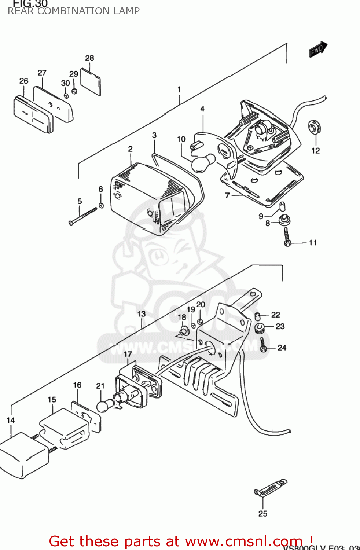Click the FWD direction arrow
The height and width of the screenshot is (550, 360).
tap(317, 49)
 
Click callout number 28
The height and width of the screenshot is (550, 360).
tap(89, 58)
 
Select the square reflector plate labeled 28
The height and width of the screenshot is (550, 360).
tap(91, 82)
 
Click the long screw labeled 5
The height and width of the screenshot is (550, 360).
tap(83, 216)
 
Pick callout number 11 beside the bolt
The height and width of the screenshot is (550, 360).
tap(313, 242)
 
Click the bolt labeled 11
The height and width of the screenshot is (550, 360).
tap(287, 236)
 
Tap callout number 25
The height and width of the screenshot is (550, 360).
tap(263, 514)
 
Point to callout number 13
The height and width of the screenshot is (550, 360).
tap(141, 314)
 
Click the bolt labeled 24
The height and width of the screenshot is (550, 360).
tap(263, 345)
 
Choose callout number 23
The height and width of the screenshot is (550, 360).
tap(280, 326)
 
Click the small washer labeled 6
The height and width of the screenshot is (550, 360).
tap(101, 205)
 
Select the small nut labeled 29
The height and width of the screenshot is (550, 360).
tap(74, 91)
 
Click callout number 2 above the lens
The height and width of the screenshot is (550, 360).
tap(130, 149)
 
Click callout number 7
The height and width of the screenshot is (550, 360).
tap(228, 195)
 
